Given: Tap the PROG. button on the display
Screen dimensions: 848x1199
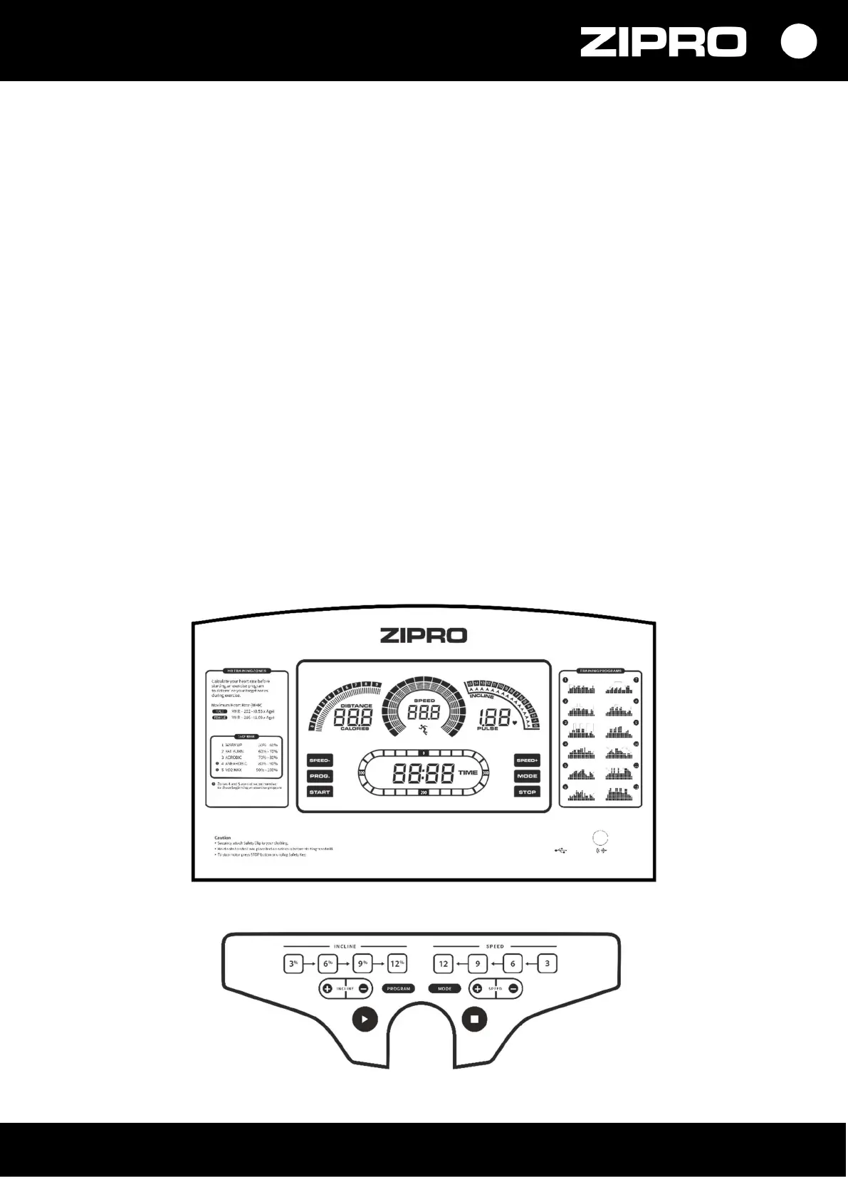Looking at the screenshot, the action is point(320,776).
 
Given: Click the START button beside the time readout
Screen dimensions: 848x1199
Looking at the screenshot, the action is point(320,792).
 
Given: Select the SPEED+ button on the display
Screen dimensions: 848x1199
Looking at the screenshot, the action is point(527,760).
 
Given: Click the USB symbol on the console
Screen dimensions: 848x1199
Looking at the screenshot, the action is point(560,849).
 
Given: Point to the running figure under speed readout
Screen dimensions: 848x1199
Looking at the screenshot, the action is point(423,729).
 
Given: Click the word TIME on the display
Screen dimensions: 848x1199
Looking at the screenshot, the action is point(468,773).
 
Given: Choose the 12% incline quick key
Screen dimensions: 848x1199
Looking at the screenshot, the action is point(397,964).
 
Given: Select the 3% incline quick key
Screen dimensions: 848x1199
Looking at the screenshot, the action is point(293,964).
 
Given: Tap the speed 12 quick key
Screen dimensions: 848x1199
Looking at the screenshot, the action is point(443,964).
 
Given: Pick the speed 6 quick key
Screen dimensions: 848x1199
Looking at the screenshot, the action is point(513,964).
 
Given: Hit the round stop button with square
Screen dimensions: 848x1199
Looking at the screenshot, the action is point(475,1019).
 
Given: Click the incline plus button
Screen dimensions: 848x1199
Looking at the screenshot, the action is point(328,989).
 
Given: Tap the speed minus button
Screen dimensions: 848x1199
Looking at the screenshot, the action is point(513,989).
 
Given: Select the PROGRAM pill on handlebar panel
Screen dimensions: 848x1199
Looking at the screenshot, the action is point(399,989).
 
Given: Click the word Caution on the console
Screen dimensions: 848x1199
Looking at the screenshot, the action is point(223,838).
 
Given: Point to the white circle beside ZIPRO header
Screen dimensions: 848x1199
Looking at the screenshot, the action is point(798,42).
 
